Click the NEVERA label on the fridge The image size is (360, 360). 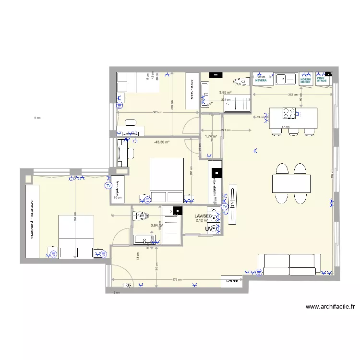pyautogui.click(x=261, y=81)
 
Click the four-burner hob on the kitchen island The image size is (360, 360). pyautogui.click(x=289, y=113)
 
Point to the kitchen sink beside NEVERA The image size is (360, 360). pyautogui.click(x=286, y=78)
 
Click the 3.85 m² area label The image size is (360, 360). pyautogui.click(x=226, y=93)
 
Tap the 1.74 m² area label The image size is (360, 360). pyautogui.click(x=211, y=137)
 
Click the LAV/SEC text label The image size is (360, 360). pyautogui.click(x=203, y=216)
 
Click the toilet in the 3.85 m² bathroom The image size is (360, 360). pyautogui.click(x=238, y=81)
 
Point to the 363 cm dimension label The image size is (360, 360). pyautogui.click(x=156, y=112)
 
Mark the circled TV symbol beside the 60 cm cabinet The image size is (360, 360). pyautogui.click(x=108, y=185)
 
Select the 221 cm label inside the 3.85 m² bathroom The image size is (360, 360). pyautogui.click(x=226, y=100)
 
